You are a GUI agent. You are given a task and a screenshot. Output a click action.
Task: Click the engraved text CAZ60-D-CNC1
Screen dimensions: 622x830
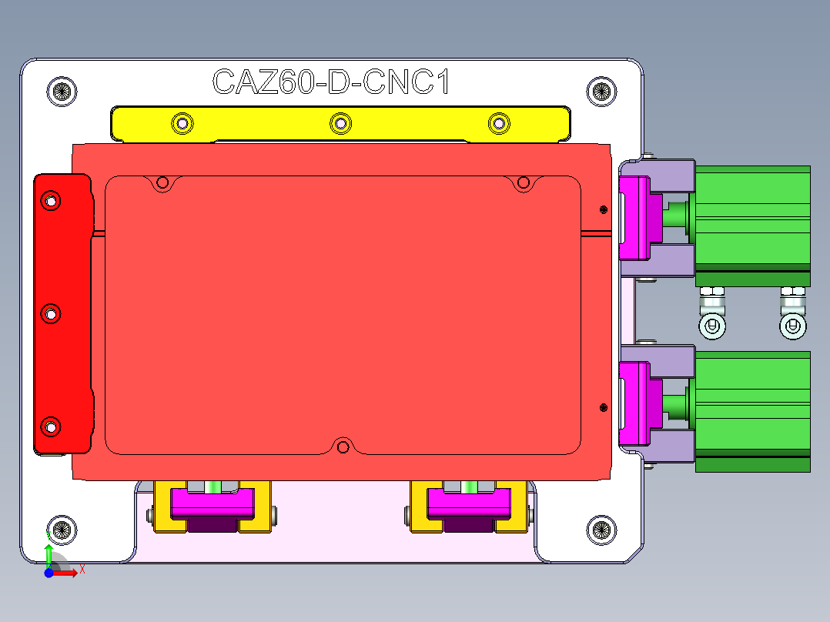[x=330, y=82]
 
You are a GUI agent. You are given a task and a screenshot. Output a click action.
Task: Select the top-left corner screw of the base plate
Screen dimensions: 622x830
[x=62, y=91]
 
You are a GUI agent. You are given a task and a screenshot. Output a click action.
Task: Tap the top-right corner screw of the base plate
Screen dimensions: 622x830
[x=601, y=91]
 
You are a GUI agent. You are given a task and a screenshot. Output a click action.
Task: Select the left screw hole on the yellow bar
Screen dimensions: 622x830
[x=182, y=122]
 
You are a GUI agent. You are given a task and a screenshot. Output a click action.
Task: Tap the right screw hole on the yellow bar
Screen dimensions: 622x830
[x=499, y=122]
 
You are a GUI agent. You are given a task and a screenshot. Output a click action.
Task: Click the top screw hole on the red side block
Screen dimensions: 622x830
[x=51, y=202]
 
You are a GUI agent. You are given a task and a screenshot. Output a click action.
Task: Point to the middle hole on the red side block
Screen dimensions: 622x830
[x=51, y=314]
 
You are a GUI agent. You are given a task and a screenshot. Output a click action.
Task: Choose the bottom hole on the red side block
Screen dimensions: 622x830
[x=51, y=426]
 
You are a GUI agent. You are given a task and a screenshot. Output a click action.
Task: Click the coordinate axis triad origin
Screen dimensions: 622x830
[x=49, y=572]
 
